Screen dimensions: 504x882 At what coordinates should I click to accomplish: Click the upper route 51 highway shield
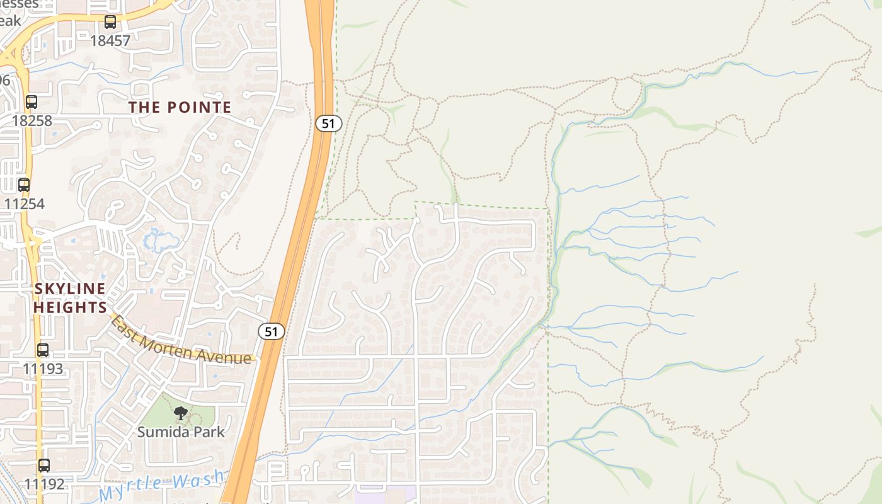(x=328, y=123)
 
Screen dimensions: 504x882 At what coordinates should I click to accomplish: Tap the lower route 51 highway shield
(x=272, y=331)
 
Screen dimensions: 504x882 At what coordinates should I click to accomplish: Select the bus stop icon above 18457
(x=110, y=23)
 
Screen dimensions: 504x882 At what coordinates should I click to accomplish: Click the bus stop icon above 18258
(x=31, y=101)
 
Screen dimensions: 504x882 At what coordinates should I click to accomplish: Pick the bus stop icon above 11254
(x=24, y=185)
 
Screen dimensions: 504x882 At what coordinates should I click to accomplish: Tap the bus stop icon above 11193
(x=43, y=350)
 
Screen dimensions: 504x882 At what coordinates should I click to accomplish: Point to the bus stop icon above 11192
(x=44, y=466)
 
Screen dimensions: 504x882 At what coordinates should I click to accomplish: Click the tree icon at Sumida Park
(x=181, y=413)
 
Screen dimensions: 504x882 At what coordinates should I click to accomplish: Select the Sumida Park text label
(x=181, y=432)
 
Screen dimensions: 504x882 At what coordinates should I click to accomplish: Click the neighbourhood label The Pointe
(x=180, y=107)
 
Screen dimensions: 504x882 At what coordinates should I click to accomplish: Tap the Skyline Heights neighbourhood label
(x=70, y=298)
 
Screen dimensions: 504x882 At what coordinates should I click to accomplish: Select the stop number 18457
(x=110, y=41)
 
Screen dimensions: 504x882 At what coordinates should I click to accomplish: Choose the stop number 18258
(x=31, y=120)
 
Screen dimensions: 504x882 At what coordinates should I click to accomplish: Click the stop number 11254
(x=24, y=203)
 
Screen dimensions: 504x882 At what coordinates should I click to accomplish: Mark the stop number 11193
(x=43, y=369)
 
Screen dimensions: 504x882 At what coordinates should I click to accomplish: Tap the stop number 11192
(x=44, y=484)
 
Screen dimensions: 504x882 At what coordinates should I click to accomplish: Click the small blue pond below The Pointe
(x=159, y=240)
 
